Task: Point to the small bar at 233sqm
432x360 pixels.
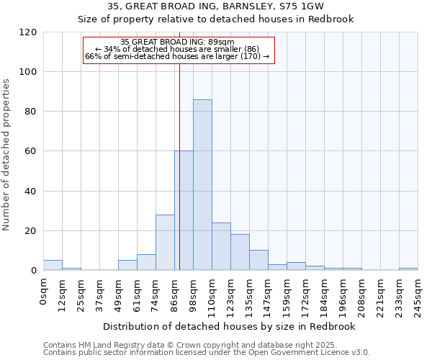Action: pos(408,269)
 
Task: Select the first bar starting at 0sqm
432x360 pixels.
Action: pos(53,265)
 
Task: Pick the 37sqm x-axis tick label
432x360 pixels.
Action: pos(99,294)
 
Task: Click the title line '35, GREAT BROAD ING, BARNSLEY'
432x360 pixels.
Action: pos(215,6)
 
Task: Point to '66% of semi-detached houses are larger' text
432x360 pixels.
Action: pos(177,55)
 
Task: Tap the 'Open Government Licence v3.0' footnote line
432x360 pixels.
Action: pos(206,352)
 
